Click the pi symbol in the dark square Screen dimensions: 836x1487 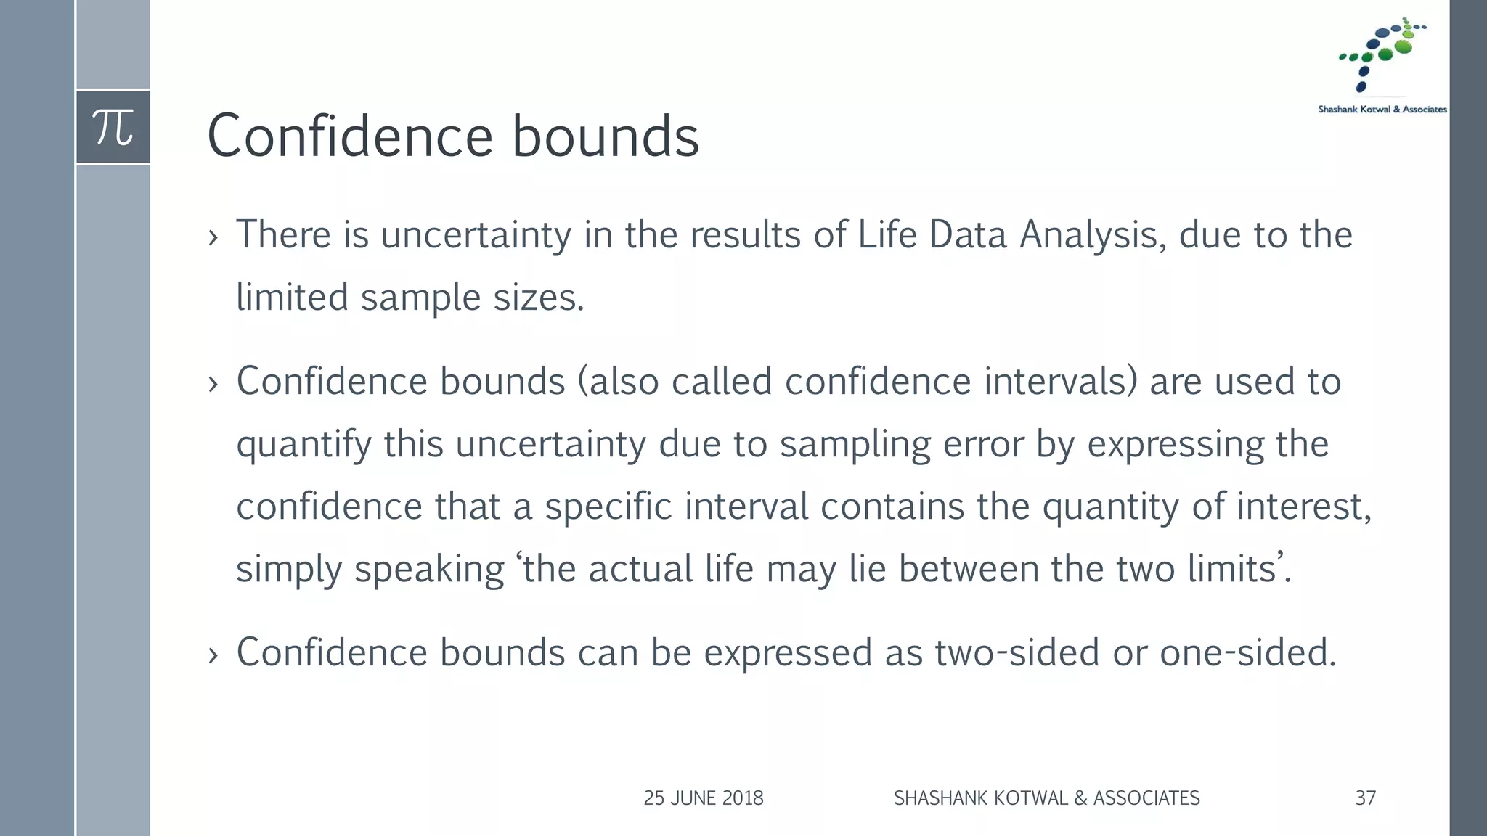click(113, 127)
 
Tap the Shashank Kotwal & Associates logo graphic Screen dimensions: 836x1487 click(1382, 54)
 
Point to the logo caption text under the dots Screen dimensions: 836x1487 click(1382, 110)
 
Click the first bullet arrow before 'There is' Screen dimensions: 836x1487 click(213, 237)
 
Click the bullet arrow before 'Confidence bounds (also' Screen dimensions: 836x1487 click(213, 384)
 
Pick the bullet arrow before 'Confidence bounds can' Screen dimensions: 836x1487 click(213, 655)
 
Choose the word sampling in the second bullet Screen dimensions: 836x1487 click(855, 444)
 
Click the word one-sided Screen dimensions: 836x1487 click(1247, 652)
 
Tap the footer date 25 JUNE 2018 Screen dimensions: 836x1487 click(703, 798)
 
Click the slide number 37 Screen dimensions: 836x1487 click(1365, 798)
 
